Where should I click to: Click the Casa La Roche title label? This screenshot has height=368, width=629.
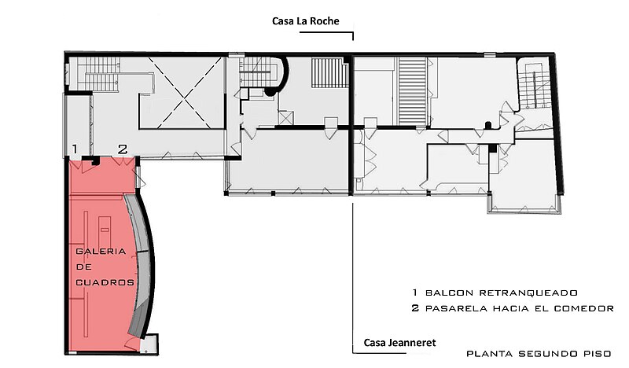(x=306, y=21)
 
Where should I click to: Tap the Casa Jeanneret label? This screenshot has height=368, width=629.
(x=399, y=343)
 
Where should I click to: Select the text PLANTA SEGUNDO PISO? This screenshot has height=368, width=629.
(x=539, y=354)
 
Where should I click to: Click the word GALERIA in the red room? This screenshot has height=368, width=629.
(x=101, y=252)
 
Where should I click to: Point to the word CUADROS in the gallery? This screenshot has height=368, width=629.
(x=105, y=282)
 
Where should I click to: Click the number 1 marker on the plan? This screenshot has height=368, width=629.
(x=75, y=149)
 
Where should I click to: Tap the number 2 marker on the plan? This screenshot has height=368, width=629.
(x=123, y=149)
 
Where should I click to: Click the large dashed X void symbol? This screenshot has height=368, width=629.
(x=181, y=93)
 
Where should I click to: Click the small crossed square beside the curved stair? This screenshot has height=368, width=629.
(x=285, y=118)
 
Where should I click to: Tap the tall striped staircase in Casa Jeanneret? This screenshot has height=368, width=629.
(x=412, y=91)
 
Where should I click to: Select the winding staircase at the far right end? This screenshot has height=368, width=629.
(x=534, y=85)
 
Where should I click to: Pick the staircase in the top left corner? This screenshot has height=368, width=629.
(x=98, y=74)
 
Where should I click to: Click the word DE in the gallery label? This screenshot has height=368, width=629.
(x=83, y=267)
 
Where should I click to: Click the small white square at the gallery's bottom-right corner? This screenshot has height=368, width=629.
(x=149, y=344)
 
